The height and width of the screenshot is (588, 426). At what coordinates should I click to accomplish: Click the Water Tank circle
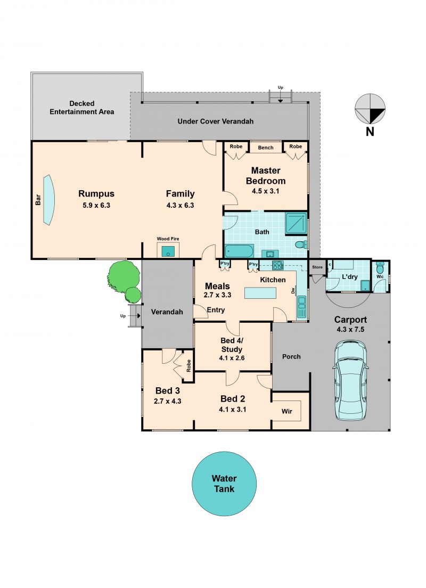224,484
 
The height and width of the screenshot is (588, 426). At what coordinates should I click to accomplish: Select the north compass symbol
370,109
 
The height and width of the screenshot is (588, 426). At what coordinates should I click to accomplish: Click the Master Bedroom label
266,176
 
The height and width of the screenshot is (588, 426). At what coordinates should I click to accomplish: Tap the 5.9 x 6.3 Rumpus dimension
96,205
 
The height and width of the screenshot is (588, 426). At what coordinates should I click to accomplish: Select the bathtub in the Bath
239,251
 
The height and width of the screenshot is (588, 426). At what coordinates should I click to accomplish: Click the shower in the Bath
296,224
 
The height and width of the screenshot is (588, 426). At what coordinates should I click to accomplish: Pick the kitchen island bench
260,292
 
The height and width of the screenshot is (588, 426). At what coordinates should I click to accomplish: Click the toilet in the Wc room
380,268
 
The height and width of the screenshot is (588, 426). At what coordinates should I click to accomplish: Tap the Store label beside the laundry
317,267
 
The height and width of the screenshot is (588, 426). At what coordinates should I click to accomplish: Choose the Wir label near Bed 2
287,411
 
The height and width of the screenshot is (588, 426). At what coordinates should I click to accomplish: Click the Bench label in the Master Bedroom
266,148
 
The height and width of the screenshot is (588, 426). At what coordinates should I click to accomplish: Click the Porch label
291,357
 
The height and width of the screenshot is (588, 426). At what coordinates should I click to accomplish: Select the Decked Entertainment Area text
82,108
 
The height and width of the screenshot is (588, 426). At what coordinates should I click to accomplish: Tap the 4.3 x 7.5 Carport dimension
350,330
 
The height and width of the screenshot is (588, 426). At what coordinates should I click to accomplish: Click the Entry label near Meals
216,310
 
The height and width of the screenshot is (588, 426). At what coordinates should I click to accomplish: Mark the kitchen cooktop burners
278,265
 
